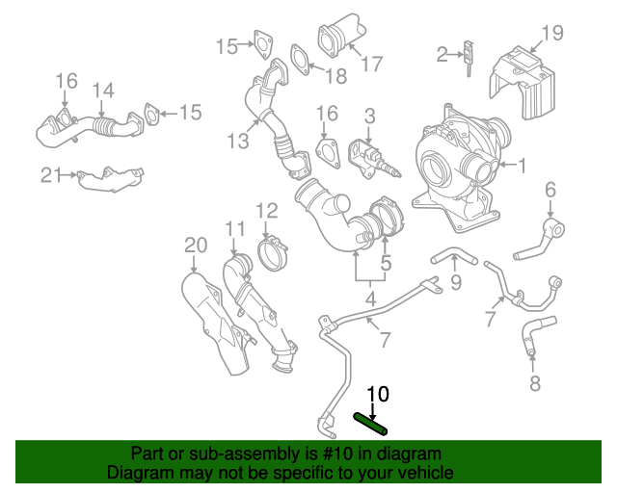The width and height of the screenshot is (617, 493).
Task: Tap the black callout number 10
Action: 377,394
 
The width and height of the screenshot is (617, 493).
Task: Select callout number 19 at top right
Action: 551,34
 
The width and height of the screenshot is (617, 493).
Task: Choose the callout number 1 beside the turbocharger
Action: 522,166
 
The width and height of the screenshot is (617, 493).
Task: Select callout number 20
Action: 196,246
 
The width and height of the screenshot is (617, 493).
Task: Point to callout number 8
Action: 535,386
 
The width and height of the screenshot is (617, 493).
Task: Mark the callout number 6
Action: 550,188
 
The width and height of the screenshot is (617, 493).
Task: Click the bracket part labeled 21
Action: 110,179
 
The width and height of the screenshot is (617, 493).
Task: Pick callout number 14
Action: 102,91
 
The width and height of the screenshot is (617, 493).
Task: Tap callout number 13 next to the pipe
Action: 238,142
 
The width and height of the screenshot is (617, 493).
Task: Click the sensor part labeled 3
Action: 370,159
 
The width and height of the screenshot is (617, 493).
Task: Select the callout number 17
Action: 372,65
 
